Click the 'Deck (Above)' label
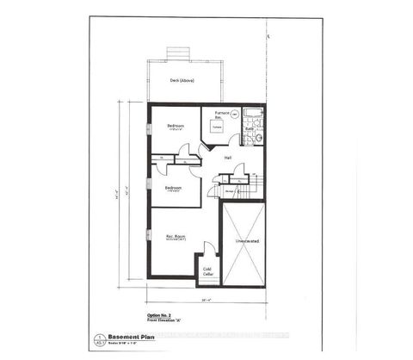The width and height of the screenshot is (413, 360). click(x=181, y=80)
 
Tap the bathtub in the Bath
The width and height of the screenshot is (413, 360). click(x=253, y=115)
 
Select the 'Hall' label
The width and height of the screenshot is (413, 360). click(x=228, y=158)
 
